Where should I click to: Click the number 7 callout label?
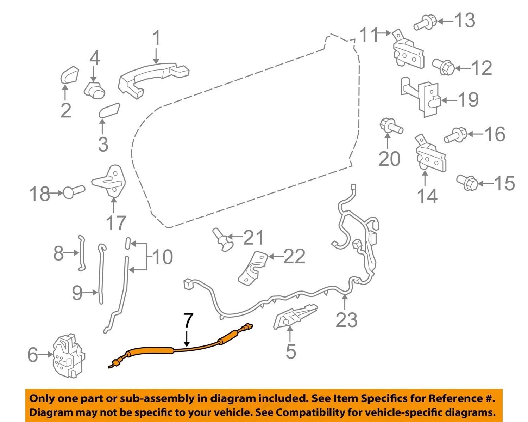188,321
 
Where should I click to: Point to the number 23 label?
346,320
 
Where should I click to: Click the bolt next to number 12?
444,67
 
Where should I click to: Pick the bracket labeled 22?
252,268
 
